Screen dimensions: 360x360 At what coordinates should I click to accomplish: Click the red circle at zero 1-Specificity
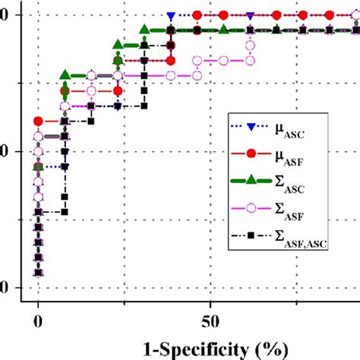coord(39,122)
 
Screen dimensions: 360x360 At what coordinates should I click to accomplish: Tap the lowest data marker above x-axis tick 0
coord(39,273)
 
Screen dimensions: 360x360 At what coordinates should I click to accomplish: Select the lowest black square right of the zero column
coord(65,212)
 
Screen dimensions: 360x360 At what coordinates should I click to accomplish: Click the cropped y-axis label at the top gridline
coord(4,15)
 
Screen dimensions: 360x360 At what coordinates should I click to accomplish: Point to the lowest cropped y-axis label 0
coord(4,288)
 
